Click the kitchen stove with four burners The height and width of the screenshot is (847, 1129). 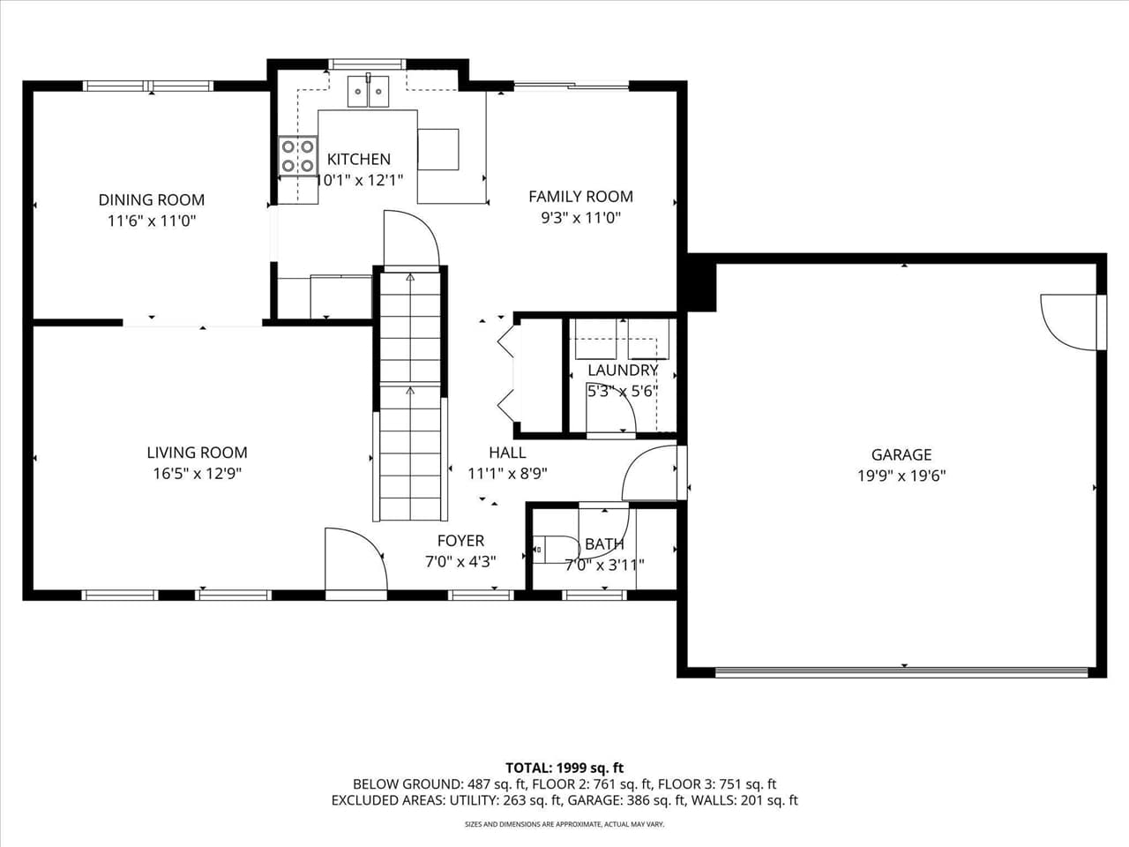[x=298, y=155]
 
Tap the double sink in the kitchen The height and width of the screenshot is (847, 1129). [x=369, y=91]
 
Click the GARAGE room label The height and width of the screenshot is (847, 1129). [x=901, y=454]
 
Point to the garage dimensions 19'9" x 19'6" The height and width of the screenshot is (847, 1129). [x=901, y=476]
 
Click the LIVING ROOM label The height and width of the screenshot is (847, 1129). [x=197, y=453]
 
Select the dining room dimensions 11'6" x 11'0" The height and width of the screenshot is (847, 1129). [x=151, y=221]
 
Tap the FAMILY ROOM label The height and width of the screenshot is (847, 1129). [x=580, y=197]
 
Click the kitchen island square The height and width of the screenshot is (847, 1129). [x=438, y=149]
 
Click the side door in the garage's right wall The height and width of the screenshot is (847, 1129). [x=1070, y=320]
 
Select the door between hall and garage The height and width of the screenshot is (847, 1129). [x=653, y=474]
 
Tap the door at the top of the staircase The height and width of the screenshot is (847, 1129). [x=410, y=238]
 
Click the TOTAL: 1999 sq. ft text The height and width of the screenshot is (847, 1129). [x=564, y=768]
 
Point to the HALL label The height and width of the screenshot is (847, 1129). [x=507, y=453]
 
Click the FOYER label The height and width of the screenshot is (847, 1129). [x=460, y=541]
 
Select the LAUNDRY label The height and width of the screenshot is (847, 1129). [x=623, y=370]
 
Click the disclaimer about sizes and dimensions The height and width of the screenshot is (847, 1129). [x=564, y=824]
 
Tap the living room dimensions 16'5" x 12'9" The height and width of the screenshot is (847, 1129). [x=197, y=474]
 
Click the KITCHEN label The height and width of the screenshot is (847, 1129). [x=358, y=159]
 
